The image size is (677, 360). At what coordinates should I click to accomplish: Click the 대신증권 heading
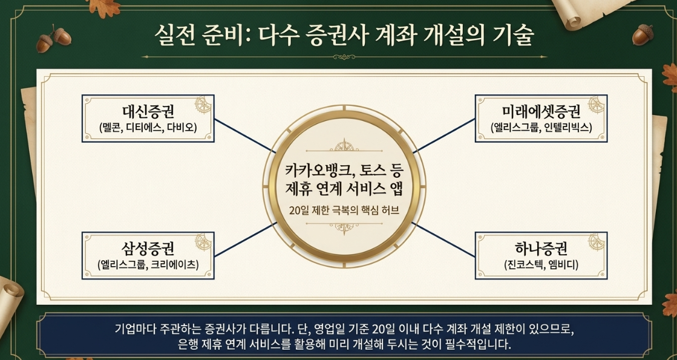point(148,112)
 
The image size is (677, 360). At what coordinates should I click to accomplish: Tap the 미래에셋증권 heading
point(541,112)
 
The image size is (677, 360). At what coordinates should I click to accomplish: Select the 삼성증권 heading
point(148,249)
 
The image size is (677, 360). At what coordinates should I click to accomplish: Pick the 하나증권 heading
point(541,249)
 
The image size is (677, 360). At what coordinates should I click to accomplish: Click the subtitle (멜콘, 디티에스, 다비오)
point(148,128)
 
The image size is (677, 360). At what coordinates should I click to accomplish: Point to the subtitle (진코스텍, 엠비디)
point(541,264)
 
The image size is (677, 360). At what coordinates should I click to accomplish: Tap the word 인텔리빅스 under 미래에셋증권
point(567,128)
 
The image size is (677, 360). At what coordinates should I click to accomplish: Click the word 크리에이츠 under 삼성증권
point(174,264)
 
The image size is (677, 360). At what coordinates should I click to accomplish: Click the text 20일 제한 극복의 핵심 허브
point(344,211)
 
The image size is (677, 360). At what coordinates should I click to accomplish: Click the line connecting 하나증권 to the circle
point(443,240)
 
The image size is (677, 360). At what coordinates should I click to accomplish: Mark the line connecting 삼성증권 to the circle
point(245,240)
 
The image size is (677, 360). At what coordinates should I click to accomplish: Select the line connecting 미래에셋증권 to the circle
point(444,136)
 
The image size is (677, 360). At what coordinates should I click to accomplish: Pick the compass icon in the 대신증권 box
point(203,105)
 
